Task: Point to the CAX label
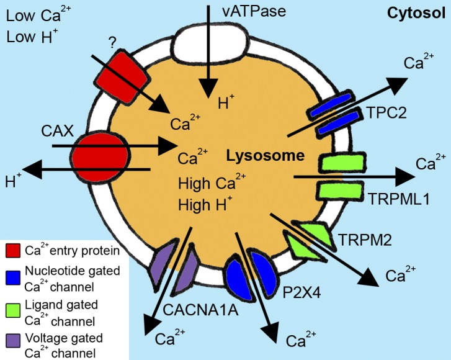[x=57, y=132]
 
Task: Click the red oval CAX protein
[x=100, y=157]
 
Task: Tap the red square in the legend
[x=12, y=251]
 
